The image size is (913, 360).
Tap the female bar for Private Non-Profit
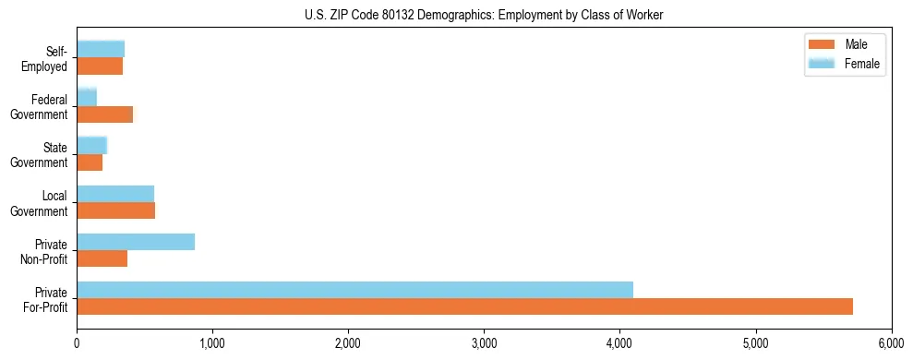point(136,242)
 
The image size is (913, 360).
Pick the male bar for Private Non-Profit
point(102,258)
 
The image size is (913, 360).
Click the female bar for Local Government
point(115,194)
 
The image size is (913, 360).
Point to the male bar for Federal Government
point(104,114)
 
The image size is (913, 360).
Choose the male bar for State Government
point(90,162)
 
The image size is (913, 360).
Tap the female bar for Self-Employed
point(101,50)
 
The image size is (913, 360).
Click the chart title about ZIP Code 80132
point(484,15)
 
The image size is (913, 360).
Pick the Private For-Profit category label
point(45,299)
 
